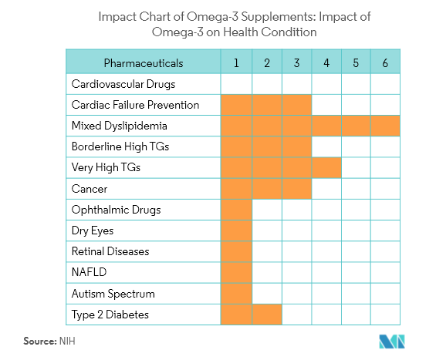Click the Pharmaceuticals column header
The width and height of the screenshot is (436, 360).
[144, 62]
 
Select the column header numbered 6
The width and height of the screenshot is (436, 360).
[385, 62]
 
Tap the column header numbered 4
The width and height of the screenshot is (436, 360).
[326, 62]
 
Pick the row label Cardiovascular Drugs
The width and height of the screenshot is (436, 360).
[123, 84]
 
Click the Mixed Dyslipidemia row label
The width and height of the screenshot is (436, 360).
[120, 126]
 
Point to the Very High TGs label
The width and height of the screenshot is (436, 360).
[106, 167]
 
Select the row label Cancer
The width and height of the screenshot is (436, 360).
[90, 189]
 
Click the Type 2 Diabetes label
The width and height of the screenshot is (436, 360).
[110, 315]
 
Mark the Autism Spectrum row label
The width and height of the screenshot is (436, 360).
[113, 294]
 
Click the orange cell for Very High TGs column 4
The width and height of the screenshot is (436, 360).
[326, 167]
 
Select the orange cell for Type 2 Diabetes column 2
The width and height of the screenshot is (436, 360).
[266, 315]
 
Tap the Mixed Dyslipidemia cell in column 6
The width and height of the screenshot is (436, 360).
[385, 126]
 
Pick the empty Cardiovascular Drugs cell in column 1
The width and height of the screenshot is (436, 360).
[236, 84]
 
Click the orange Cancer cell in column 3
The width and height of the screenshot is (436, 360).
[296, 189]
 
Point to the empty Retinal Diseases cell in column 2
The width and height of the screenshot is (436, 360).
[266, 251]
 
